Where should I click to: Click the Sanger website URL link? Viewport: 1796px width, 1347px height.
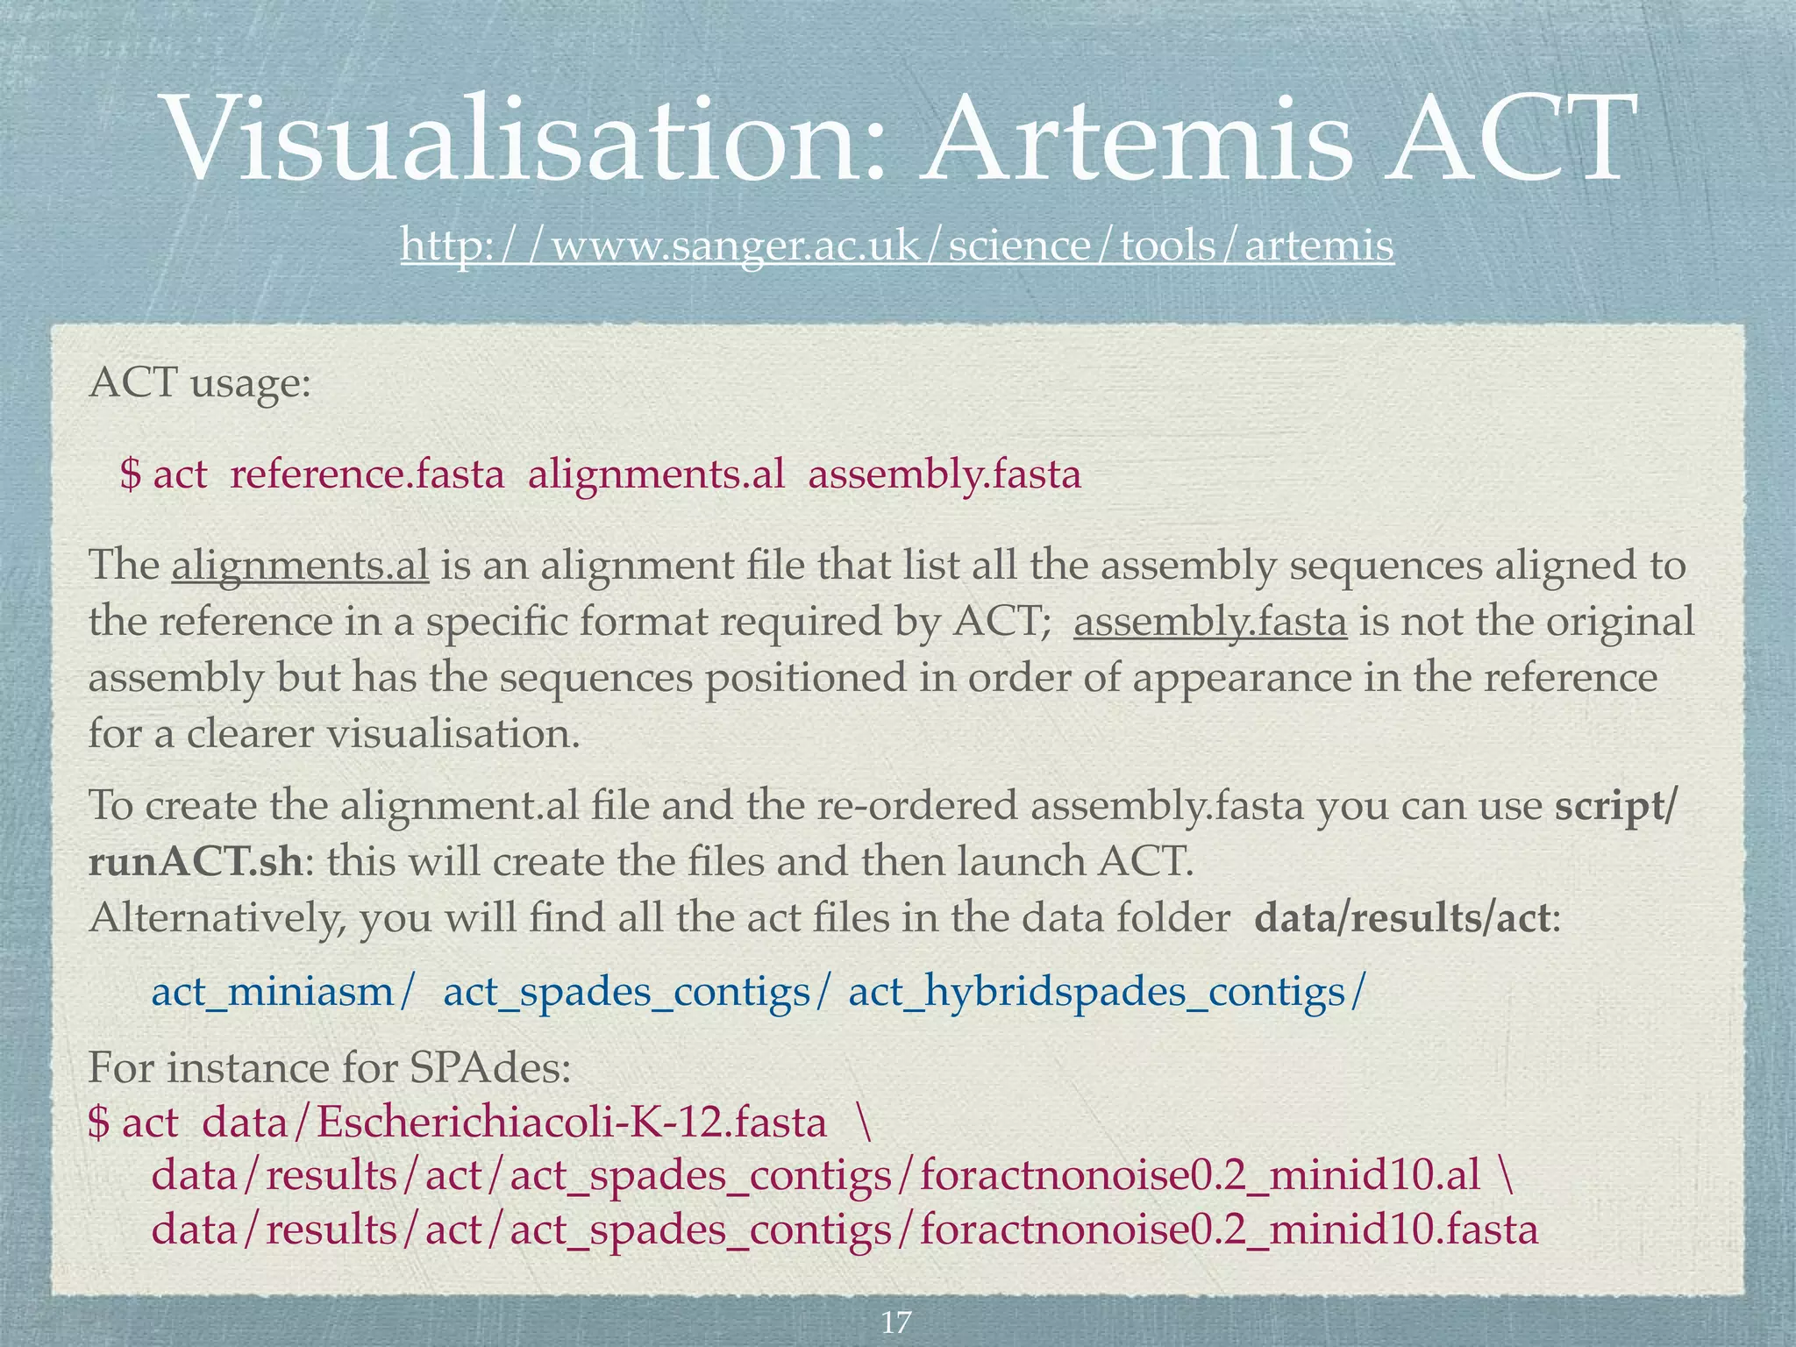[x=897, y=245]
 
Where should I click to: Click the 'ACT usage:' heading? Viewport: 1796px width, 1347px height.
[x=200, y=383]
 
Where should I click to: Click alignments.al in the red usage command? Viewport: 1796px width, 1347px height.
[x=656, y=474]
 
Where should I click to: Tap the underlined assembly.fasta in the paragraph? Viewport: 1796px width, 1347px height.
[x=1209, y=622]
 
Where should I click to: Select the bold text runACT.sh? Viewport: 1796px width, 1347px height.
[x=196, y=862]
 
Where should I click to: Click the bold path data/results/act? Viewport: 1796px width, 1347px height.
[x=1403, y=918]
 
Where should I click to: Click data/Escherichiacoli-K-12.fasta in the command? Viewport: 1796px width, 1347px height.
[x=514, y=1122]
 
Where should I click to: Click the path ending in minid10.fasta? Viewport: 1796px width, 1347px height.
[x=845, y=1229]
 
